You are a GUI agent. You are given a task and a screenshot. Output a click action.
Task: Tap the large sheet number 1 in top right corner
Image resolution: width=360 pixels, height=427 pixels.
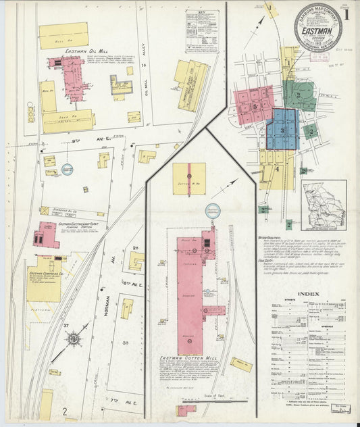pos(346,14)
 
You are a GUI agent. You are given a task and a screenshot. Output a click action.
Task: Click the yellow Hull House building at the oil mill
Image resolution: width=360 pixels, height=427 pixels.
pos(63,35)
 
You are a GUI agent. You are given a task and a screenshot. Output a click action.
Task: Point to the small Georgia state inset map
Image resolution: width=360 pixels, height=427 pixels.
pos(324,201)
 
